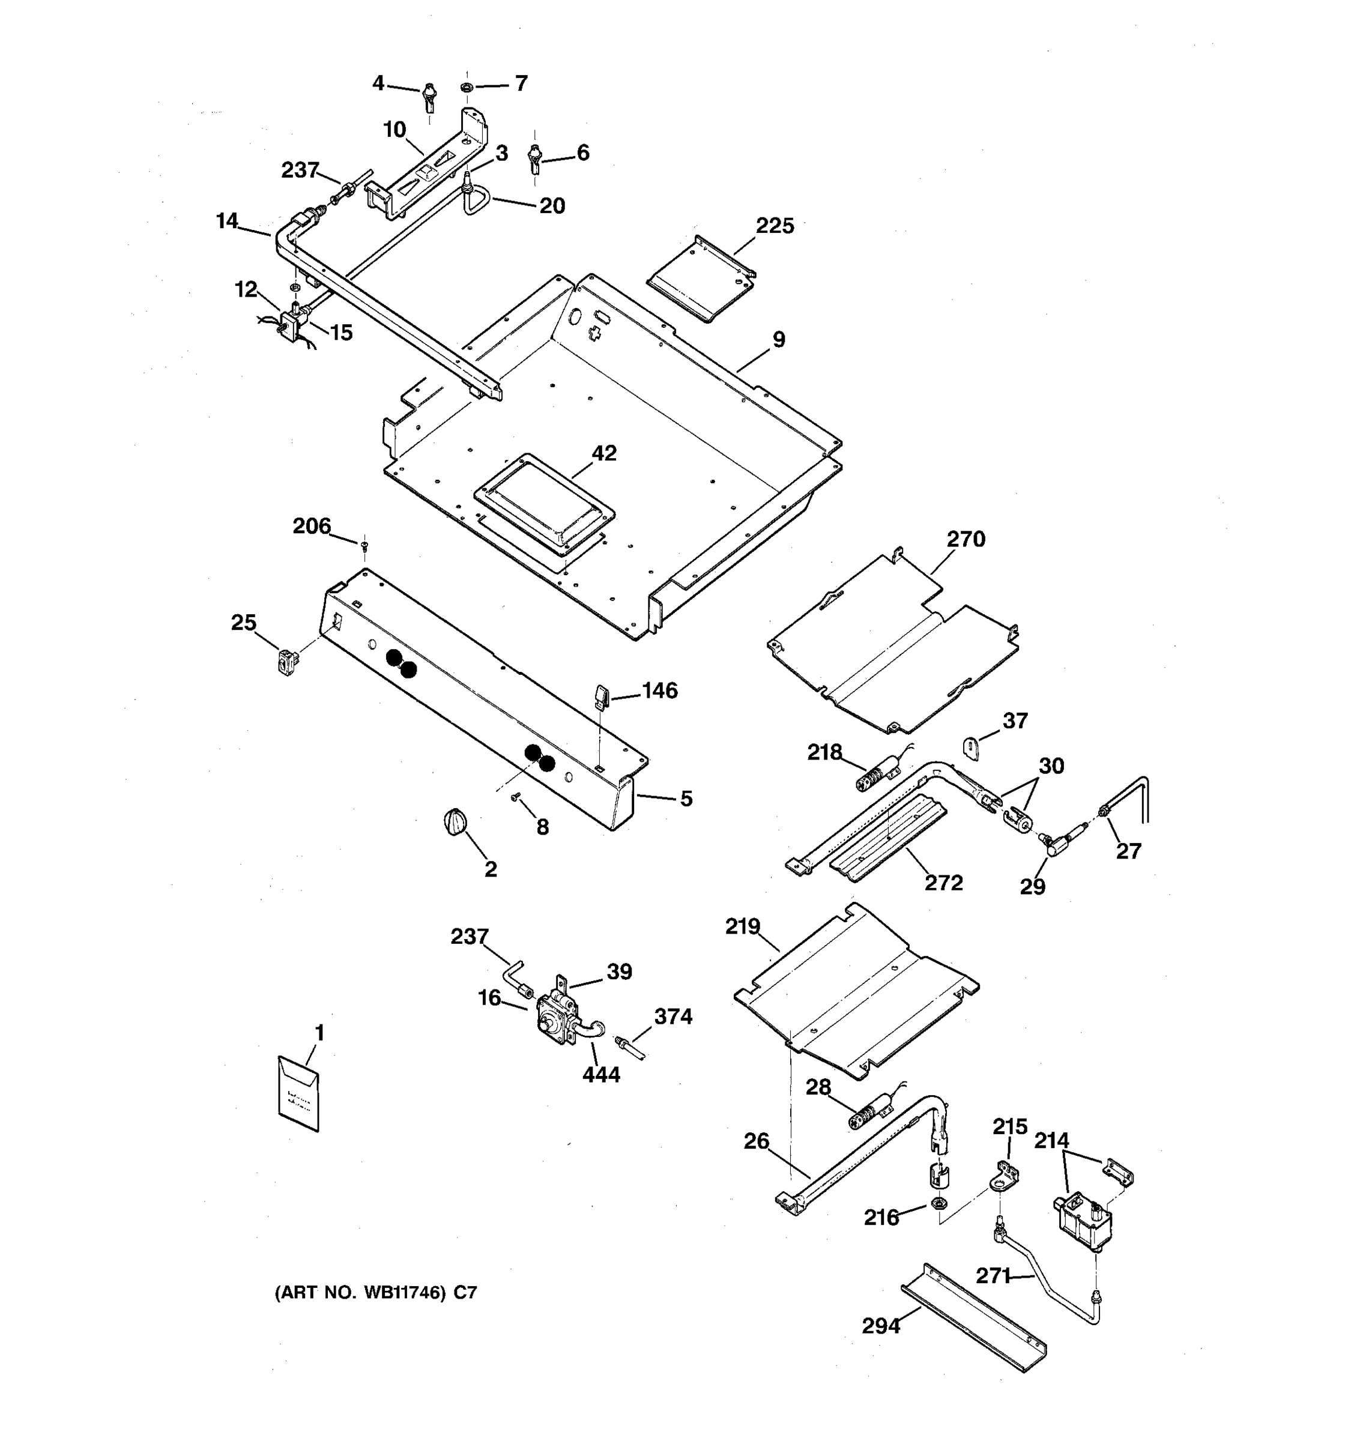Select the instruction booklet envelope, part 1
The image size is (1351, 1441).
tap(298, 1095)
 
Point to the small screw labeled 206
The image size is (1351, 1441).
tap(364, 545)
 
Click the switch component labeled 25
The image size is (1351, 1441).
tap(288, 662)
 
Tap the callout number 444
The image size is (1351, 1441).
tap(601, 1074)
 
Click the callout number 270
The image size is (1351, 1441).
tap(966, 539)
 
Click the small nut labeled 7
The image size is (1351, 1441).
tap(466, 88)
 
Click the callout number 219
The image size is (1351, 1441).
tap(742, 926)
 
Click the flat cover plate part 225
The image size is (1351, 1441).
tap(700, 279)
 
